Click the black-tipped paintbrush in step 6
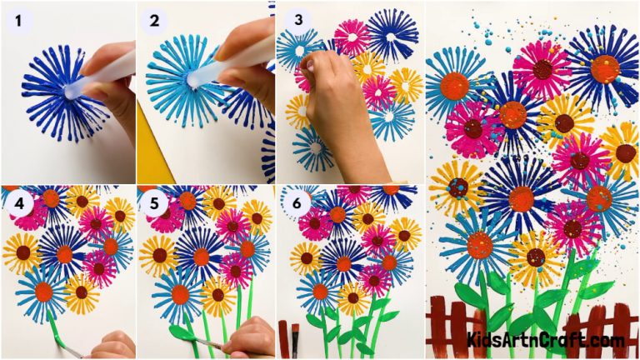coord(295,337)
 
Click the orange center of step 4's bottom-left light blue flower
coord(43,292)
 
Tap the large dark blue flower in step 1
coord(58,92)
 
